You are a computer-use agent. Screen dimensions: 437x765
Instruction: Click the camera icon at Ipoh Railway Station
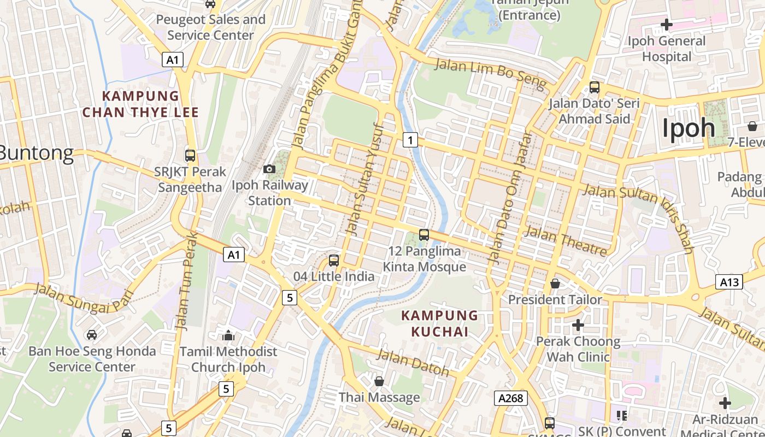[269, 169]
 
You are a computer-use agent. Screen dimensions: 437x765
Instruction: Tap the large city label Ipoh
[688, 128]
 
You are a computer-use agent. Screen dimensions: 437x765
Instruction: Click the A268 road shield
[511, 398]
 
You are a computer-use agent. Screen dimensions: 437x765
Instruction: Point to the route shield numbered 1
[410, 140]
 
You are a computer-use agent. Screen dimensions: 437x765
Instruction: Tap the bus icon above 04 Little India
[334, 261]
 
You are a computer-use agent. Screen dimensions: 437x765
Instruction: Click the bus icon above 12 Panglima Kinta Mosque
[424, 235]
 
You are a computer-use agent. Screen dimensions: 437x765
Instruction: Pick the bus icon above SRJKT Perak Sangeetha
[190, 156]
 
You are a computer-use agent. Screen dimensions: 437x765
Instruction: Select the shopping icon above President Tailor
[555, 284]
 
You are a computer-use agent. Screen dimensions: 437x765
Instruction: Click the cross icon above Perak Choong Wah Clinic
[578, 326]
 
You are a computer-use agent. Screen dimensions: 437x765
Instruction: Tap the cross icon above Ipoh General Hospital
[666, 25]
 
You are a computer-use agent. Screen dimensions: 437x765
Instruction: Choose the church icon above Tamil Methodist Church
[228, 335]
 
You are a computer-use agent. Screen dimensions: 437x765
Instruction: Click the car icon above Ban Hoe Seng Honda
[92, 334]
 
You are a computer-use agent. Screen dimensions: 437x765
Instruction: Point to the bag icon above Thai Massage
[379, 381]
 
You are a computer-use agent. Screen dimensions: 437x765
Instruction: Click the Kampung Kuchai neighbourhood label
[440, 323]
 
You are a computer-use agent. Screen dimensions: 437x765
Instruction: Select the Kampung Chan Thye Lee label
[140, 104]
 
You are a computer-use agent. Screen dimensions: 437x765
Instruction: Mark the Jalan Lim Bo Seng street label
[490, 73]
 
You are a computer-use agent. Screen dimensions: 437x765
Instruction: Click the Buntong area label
[36, 153]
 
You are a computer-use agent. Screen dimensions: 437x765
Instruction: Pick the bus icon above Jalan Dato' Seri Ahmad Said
[595, 87]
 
